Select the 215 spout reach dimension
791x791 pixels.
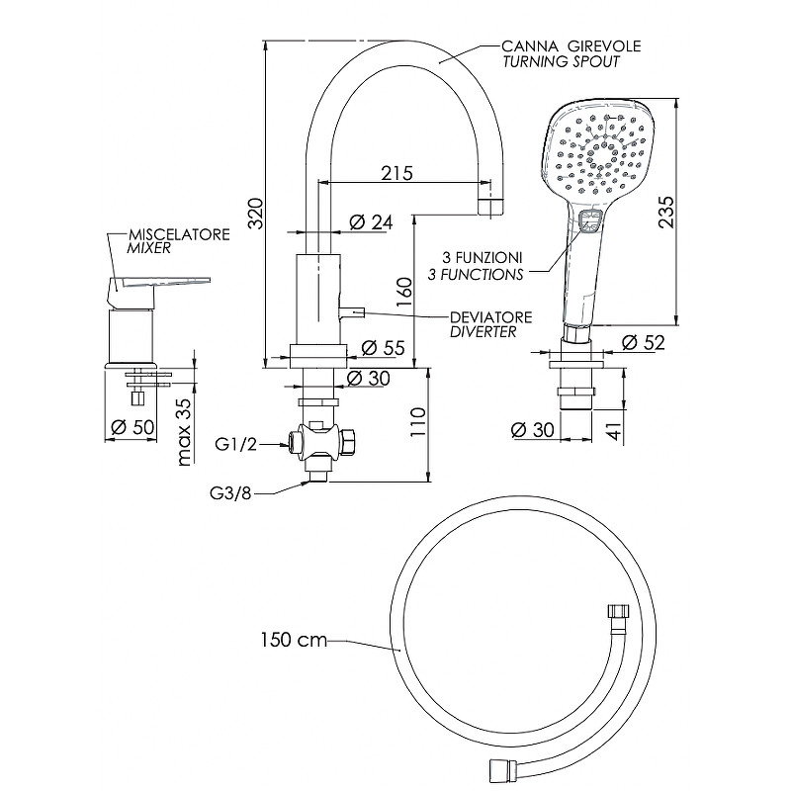point(395,174)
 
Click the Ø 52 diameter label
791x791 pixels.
point(643,342)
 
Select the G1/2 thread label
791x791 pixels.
point(236,444)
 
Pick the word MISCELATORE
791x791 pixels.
point(178,234)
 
